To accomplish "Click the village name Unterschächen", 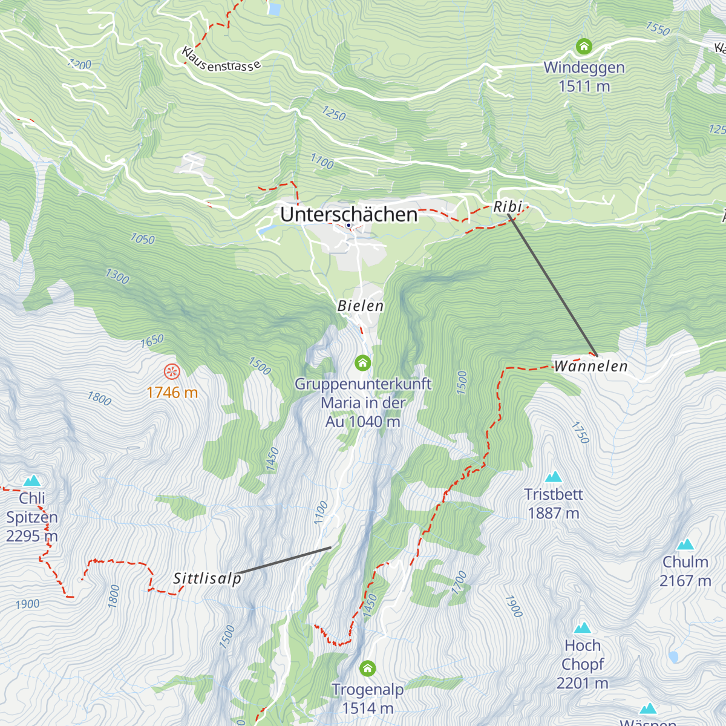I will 349,214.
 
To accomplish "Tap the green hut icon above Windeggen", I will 584,46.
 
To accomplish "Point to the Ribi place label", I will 507,206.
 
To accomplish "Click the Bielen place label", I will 361,306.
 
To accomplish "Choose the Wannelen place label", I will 591,366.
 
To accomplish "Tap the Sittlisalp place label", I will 208,578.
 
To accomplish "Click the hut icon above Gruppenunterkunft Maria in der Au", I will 362,362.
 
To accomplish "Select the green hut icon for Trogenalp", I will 368,669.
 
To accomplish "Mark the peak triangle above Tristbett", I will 553,477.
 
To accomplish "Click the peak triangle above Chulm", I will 685,544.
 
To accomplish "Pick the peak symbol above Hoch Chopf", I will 583,627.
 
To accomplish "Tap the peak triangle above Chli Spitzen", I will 32,481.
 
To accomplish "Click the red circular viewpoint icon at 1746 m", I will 172,371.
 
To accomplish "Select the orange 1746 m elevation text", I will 172,393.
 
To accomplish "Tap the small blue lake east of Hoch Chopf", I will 673,656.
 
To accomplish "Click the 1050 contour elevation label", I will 143,239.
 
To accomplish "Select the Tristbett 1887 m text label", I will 554,503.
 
